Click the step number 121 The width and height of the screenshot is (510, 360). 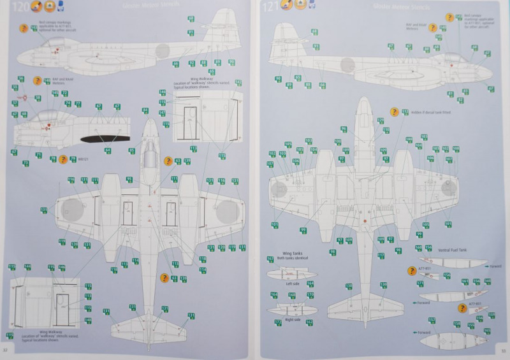coord(272,8)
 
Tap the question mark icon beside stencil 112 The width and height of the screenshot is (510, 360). coord(393,112)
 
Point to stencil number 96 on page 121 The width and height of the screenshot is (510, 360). coord(344,129)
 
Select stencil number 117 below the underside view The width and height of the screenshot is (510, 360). coord(381,256)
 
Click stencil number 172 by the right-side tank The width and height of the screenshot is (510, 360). coord(279,323)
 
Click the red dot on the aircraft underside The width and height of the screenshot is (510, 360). coord(365,221)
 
